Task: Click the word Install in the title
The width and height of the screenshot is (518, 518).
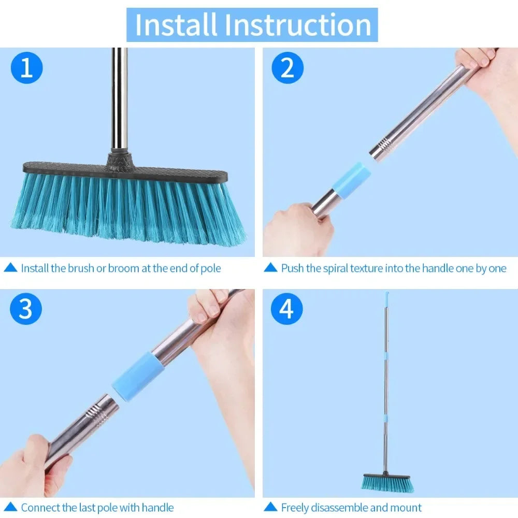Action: click(175, 25)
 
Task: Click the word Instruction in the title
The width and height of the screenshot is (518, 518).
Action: click(294, 25)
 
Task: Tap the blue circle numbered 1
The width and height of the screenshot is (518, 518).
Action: click(26, 68)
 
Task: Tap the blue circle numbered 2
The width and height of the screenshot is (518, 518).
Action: click(287, 68)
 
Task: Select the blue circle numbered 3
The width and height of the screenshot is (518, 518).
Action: click(26, 309)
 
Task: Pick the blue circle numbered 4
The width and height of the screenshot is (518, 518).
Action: click(287, 309)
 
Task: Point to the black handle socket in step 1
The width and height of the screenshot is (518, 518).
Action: click(120, 157)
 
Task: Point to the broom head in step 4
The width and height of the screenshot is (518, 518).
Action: click(387, 482)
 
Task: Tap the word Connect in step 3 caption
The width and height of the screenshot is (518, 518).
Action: click(40, 508)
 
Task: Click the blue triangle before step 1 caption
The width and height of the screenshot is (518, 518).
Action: click(10, 268)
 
